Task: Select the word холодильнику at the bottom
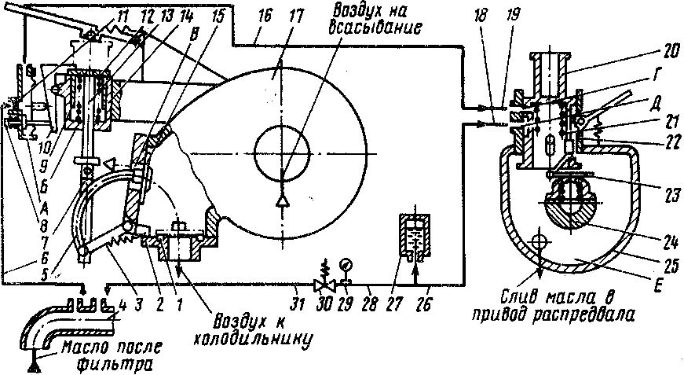coord(248,341)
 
